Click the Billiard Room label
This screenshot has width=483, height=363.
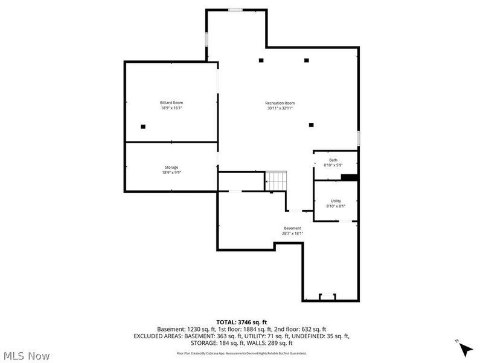171,102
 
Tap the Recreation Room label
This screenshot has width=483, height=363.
280,102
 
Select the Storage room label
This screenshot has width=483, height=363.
171,167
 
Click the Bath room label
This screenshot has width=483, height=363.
333,160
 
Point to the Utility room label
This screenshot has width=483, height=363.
336,201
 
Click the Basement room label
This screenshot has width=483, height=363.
292,228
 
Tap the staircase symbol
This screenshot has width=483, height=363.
277,180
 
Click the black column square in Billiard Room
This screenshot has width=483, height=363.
143,126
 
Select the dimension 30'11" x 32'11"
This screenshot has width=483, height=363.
280,108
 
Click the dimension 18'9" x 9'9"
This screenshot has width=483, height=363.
171,172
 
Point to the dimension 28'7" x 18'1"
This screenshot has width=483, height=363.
292,234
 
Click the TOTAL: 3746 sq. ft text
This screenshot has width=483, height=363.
241,322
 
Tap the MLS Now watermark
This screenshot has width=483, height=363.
26,356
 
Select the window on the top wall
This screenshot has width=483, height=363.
236,10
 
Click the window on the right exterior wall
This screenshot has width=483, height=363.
358,138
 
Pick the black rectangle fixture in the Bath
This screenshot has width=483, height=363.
350,177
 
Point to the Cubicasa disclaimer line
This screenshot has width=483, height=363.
241,353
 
